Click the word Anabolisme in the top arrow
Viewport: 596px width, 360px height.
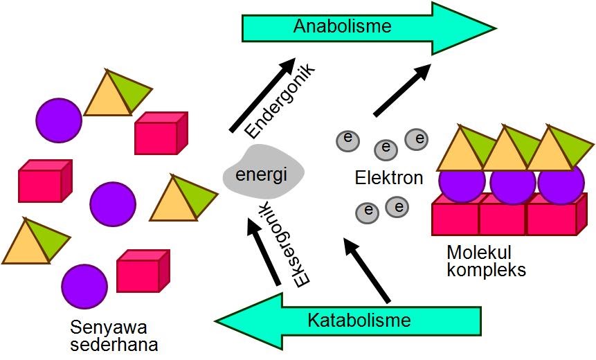point(343,26)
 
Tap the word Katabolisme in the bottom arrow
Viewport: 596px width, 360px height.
point(359,320)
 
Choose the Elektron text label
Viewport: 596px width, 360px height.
point(388,178)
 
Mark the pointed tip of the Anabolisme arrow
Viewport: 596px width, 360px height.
point(494,28)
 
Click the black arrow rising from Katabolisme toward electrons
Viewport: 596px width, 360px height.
point(366,270)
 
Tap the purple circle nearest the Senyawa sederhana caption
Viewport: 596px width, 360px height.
point(84,285)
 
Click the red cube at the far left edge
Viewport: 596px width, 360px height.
point(44,181)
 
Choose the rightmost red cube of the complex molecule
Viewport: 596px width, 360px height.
point(552,217)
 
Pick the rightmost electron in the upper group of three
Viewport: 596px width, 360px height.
point(417,139)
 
